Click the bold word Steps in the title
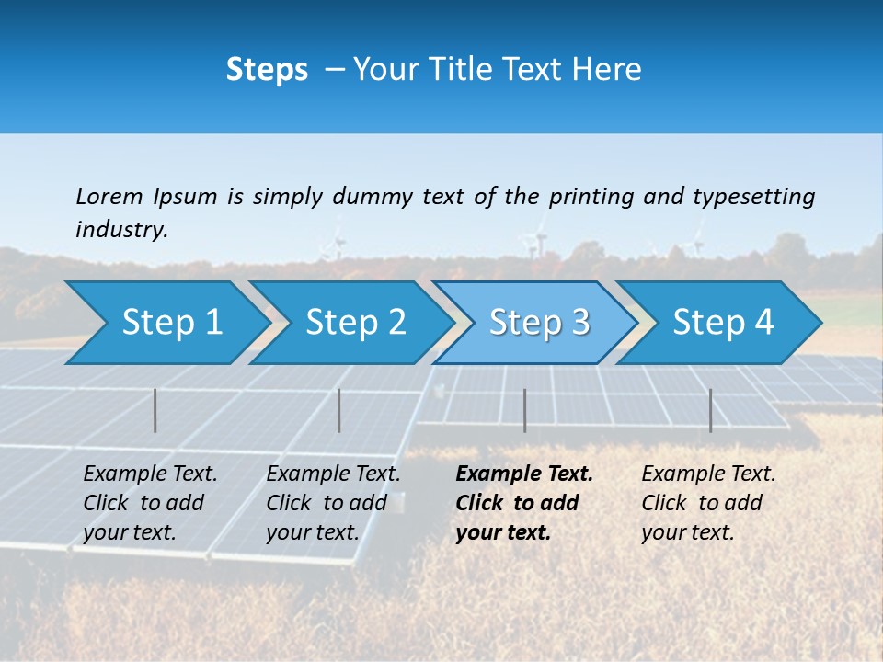267,69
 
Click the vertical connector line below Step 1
155,410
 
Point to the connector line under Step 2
339,410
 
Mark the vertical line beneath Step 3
525,410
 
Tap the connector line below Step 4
711,410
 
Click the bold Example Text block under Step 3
524,503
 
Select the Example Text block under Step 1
150,503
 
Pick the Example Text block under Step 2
333,503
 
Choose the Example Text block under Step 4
708,503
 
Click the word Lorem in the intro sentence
109,196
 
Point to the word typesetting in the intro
753,196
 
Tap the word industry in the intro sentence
121,229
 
